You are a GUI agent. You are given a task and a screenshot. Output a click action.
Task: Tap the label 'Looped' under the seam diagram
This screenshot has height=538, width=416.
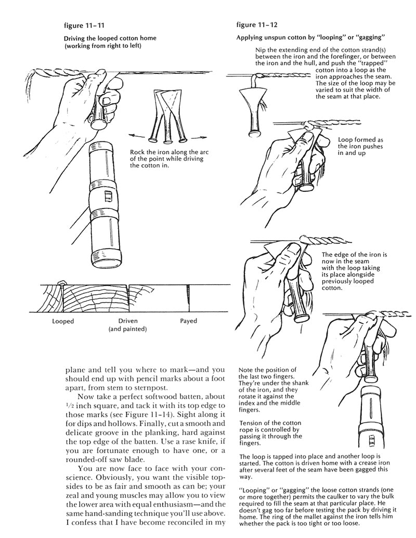(x=63, y=321)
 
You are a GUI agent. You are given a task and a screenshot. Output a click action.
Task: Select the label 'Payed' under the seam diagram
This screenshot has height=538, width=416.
(x=188, y=321)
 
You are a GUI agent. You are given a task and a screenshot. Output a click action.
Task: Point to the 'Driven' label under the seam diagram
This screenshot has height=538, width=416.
(x=128, y=321)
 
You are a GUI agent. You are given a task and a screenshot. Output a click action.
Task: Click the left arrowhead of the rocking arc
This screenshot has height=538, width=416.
(x=130, y=136)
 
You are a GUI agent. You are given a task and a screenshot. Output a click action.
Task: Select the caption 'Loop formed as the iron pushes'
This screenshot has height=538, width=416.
(x=360, y=147)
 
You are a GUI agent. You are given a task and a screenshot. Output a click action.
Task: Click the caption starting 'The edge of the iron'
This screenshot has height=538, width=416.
(x=366, y=271)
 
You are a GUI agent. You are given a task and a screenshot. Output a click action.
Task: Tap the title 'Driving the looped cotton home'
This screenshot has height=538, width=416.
(x=110, y=38)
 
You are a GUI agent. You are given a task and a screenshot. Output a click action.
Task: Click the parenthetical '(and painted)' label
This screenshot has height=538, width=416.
(x=128, y=330)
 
